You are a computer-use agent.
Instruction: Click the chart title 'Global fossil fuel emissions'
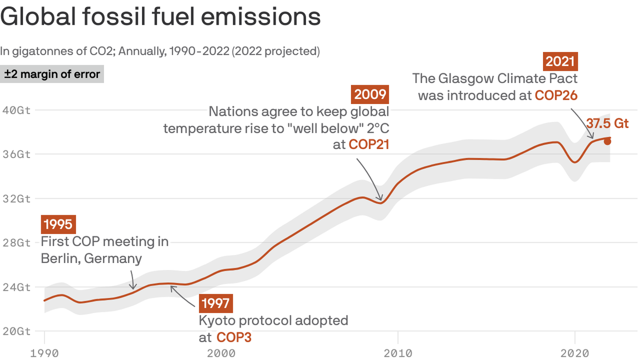(x=160, y=17)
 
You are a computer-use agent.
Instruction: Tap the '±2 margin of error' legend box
(x=52, y=74)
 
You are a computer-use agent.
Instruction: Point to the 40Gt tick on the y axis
(x=17, y=110)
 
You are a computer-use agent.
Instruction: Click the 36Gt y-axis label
(x=17, y=154)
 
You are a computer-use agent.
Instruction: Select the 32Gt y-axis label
(x=17, y=198)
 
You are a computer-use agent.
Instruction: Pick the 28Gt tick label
(x=17, y=242)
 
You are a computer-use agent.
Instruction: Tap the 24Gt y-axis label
(x=17, y=287)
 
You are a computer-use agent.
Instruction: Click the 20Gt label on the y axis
(x=17, y=331)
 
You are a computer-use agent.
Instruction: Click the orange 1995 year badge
(x=59, y=225)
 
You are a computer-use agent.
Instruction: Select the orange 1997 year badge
(x=216, y=303)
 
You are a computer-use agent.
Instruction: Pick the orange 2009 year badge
(x=370, y=95)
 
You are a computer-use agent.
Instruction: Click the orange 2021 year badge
(x=560, y=61)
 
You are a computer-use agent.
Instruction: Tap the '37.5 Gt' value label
(x=607, y=123)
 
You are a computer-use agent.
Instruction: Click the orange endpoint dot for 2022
(x=607, y=142)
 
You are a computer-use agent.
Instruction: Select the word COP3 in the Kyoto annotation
(x=234, y=337)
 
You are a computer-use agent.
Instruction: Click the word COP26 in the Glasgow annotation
(x=556, y=95)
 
